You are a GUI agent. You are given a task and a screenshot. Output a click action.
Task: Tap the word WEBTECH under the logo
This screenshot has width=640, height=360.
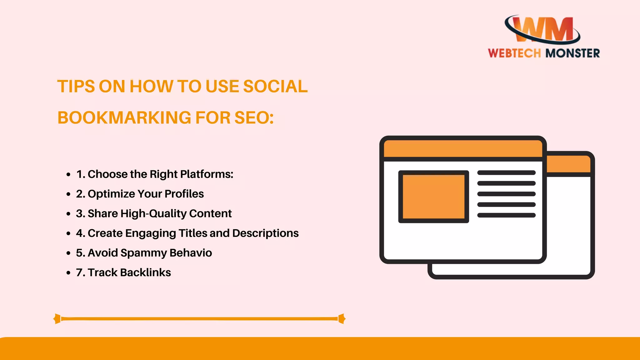pos(514,53)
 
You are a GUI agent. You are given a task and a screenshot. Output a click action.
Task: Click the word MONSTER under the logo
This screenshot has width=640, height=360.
pos(572,53)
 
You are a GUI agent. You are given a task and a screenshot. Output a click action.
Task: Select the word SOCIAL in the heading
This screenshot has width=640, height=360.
pos(275,87)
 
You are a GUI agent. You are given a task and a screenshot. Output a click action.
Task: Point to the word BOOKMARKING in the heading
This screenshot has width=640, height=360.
pos(124,118)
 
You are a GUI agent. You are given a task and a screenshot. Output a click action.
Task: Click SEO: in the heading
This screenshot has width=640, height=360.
pos(254,118)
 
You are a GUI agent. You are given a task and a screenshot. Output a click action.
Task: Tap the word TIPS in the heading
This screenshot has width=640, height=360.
pos(76,87)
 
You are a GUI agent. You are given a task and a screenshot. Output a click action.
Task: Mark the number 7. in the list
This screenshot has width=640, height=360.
pos(81,272)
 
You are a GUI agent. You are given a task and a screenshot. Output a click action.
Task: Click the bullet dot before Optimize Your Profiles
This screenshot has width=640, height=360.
pos(68,194)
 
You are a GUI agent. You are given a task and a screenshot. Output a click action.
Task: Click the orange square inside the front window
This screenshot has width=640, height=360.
pos(433,197)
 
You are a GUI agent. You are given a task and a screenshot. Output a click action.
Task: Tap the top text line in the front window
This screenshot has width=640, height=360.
pos(506,173)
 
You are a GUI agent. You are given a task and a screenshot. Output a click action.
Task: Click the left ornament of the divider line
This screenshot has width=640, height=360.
pos(57,319)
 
